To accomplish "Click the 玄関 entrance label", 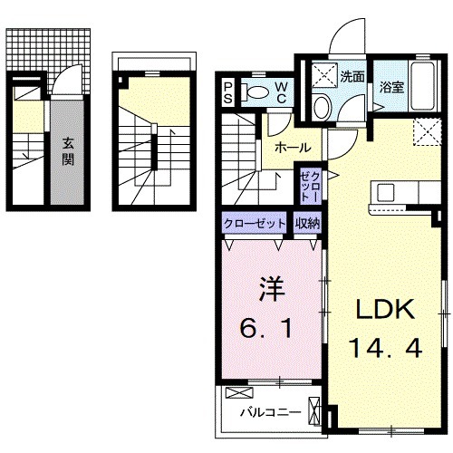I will [68, 151].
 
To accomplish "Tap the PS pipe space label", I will [228, 92].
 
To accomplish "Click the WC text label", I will [281, 92].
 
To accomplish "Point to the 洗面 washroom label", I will [352, 77].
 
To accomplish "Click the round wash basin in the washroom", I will [322, 107].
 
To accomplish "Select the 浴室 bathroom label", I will [391, 88].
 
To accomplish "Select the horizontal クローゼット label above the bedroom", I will [255, 222].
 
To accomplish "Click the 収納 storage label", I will [305, 222].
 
